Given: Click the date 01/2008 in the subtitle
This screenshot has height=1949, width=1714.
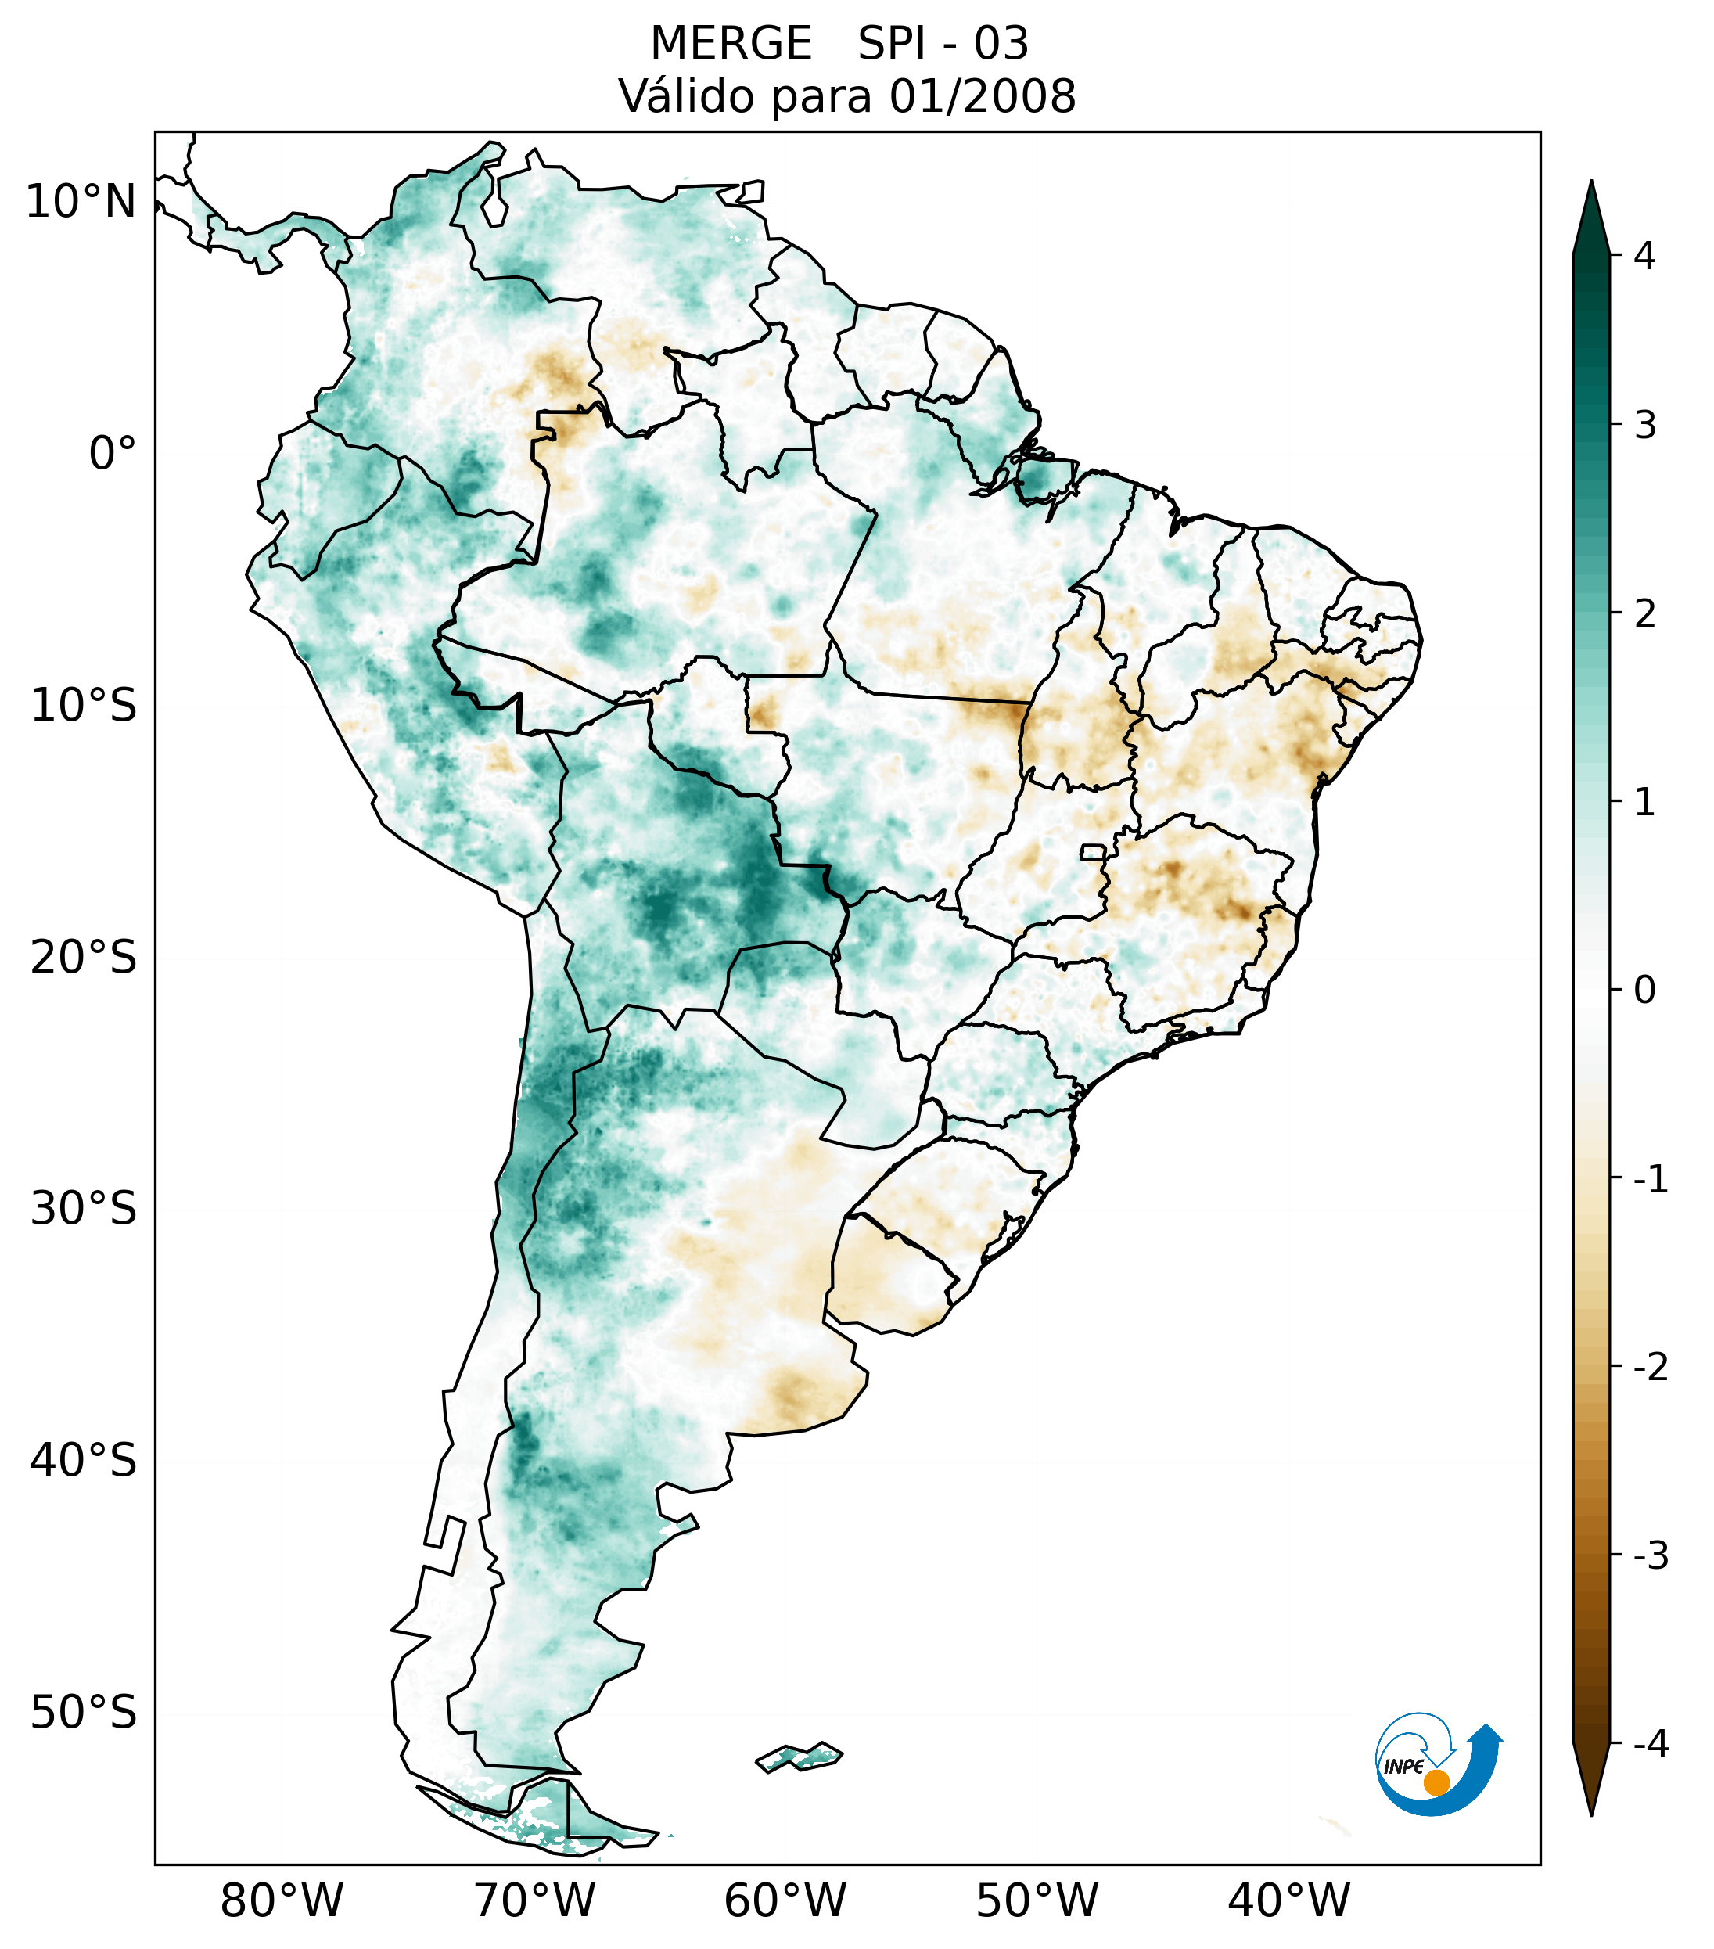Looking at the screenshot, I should click(982, 96).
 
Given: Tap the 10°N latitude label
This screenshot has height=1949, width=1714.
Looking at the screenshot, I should click(81, 202).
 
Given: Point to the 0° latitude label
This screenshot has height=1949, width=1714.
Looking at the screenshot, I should click(113, 454).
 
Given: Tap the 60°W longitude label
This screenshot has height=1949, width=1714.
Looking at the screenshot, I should click(785, 1900).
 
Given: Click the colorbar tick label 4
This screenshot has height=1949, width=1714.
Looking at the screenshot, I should click(1644, 256).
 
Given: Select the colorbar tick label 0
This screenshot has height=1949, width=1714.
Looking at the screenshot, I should click(1644, 990).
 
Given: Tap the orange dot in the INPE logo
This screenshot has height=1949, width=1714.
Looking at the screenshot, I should click(1436, 1782).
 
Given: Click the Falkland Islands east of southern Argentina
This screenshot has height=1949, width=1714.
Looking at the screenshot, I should click(799, 1757).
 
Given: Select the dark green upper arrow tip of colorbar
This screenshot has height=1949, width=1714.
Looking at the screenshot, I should click(1591, 214).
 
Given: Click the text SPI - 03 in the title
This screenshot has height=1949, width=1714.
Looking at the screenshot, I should click(943, 44).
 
